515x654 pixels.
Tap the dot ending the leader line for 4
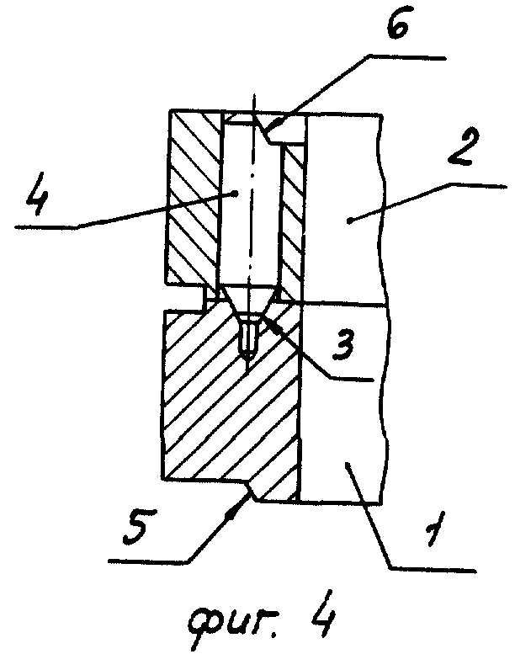[238, 193]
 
